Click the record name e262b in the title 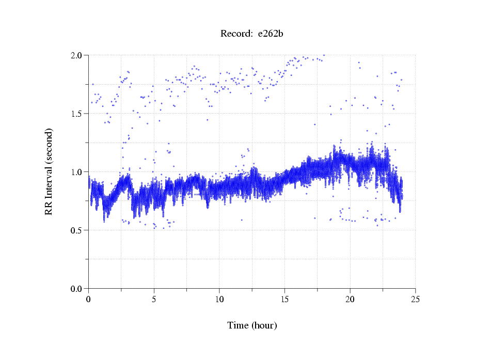click(x=271, y=34)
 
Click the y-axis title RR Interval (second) click(x=49, y=171)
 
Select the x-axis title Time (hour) click(x=252, y=325)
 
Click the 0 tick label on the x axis click(x=89, y=299)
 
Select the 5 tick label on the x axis click(x=154, y=299)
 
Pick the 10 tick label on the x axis click(x=219, y=299)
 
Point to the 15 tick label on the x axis click(x=284, y=299)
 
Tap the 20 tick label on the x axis click(x=350, y=299)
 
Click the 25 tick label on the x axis click(x=415, y=299)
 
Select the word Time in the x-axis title click(x=238, y=325)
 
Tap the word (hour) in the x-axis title click(x=264, y=325)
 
